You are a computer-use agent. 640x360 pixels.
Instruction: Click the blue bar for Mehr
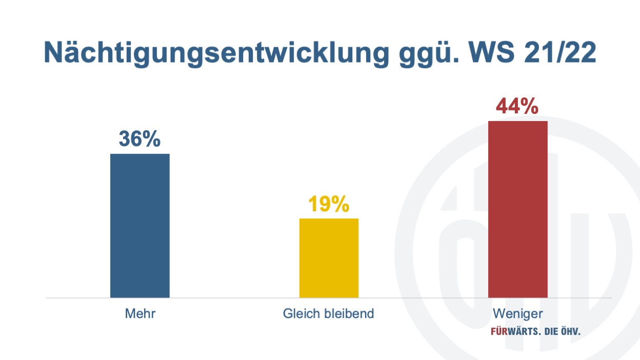point(140,226)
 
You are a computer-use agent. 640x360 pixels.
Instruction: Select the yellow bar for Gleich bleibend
point(329,258)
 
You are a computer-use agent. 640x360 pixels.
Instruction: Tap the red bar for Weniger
point(518,209)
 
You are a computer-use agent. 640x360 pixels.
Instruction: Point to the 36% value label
point(139,139)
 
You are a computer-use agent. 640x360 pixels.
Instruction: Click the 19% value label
point(329,204)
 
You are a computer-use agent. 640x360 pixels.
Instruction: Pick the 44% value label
point(517,106)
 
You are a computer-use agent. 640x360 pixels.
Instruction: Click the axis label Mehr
point(140,314)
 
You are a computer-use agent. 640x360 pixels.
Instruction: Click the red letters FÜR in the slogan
point(499,331)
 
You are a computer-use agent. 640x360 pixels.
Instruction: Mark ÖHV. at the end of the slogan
point(571,331)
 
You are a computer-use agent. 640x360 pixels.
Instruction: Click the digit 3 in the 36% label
point(124,139)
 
